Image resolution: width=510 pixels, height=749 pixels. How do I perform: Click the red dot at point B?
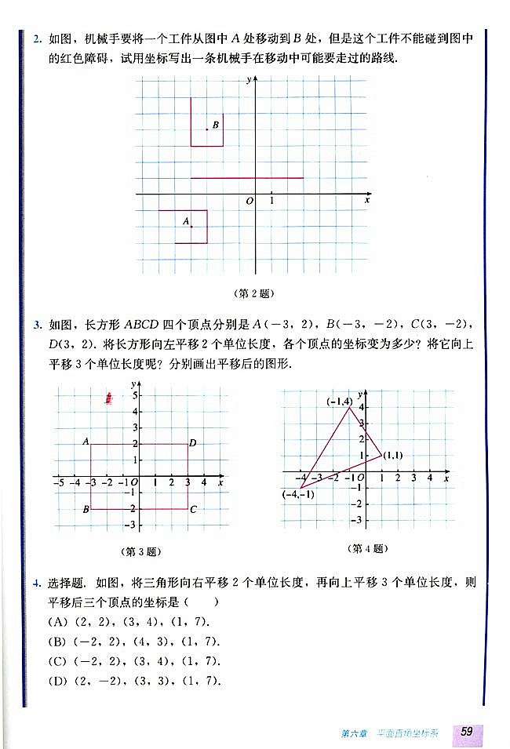tap(207, 129)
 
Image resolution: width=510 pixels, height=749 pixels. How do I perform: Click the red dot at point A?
tap(191, 227)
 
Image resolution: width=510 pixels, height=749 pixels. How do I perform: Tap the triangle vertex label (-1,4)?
tap(338, 401)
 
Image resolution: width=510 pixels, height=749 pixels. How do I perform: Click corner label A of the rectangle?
tap(86, 442)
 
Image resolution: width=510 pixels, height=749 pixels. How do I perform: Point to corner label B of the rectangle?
tap(86, 510)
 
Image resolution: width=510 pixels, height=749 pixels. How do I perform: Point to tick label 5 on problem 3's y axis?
tap(134, 394)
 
